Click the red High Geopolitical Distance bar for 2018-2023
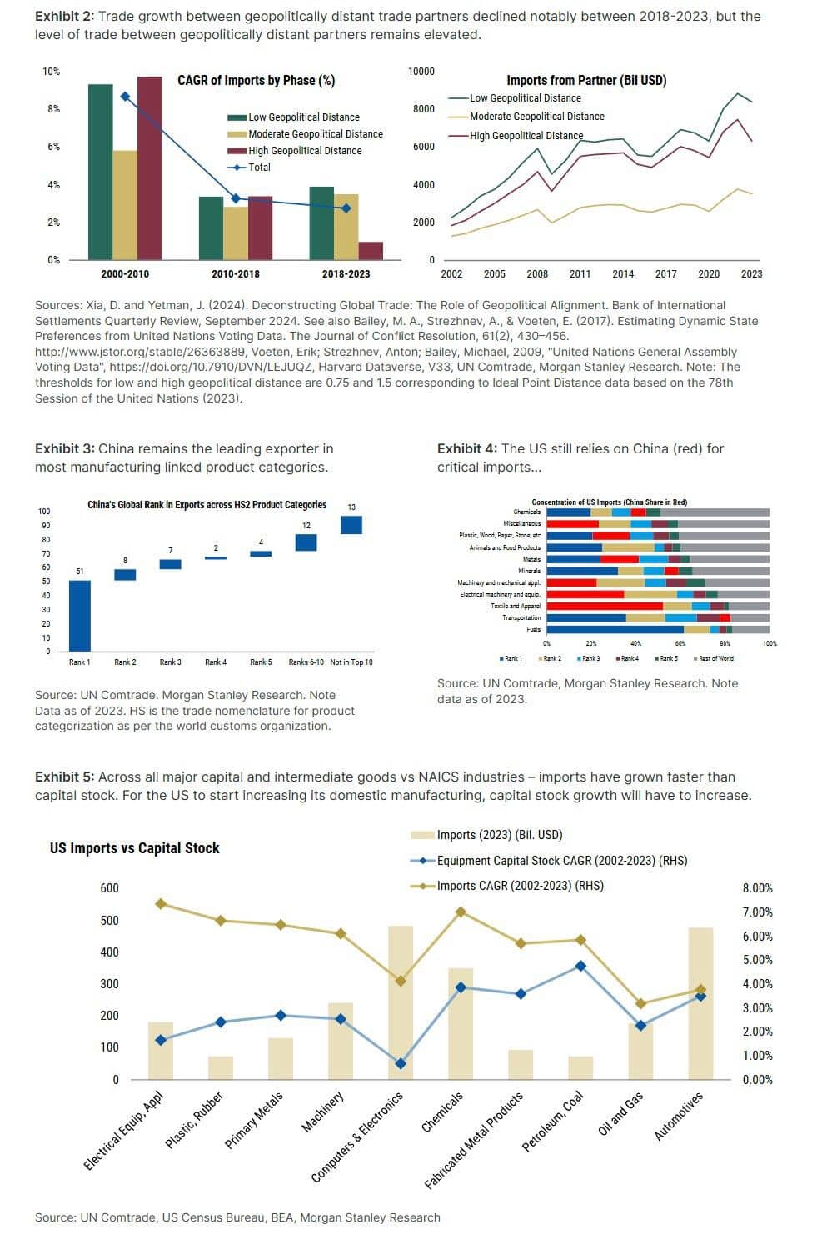pos(371,251)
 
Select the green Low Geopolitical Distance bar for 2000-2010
pos(100,172)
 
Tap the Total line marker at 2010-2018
pos(236,198)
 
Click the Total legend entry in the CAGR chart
pos(259,167)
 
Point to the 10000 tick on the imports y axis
pos(421,72)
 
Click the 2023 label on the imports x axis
pos(751,273)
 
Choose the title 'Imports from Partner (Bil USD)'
pos(586,80)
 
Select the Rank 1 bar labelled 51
pos(80,616)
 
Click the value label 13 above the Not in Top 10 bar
pos(351,507)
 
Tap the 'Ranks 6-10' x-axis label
pos(306,662)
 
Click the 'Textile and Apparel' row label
pos(516,606)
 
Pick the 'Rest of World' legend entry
pos(716,658)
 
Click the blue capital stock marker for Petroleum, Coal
pos(580,967)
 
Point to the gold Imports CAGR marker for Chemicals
pos(461,912)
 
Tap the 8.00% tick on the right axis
pos(757,888)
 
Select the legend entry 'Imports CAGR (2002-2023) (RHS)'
pos(520,886)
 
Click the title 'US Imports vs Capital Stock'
pos(134,848)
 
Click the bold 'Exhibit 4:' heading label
pos(467,449)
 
